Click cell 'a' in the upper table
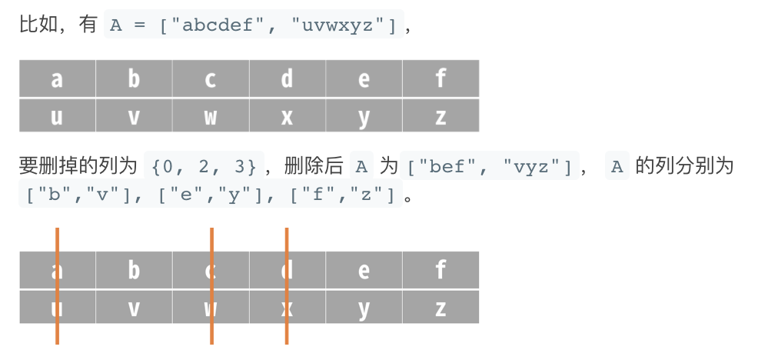pyautogui.click(x=58, y=78)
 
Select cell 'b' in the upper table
pyautogui.click(x=134, y=78)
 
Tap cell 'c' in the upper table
pyautogui.click(x=211, y=78)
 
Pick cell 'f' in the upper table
pyautogui.click(x=441, y=78)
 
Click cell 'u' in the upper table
pyautogui.click(x=58, y=116)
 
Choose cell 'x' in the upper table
pyautogui.click(x=287, y=116)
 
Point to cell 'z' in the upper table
pyautogui.click(x=441, y=116)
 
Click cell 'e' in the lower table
pyautogui.click(x=364, y=270)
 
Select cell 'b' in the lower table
pyautogui.click(x=134, y=270)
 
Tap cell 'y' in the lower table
pyautogui.click(x=364, y=308)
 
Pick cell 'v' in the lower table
pyautogui.click(x=134, y=308)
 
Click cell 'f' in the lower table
pyautogui.click(x=441, y=270)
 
